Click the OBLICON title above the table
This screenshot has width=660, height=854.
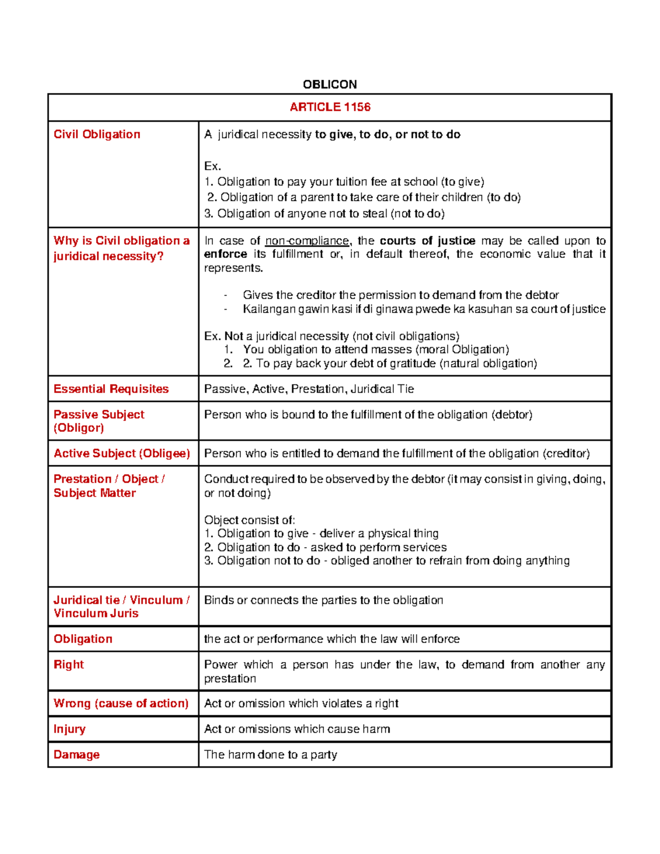[329, 84]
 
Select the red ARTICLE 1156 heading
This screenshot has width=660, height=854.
[330, 107]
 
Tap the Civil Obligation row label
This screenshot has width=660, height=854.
[97, 134]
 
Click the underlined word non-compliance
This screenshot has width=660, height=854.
[307, 241]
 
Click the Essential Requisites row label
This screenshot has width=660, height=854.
[111, 389]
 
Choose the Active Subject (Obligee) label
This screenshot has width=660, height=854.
[122, 453]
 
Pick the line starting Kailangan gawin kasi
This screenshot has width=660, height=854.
[424, 309]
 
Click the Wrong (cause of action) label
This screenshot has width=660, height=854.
[121, 703]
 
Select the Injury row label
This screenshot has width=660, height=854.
[69, 729]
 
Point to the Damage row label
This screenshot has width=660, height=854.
[76, 754]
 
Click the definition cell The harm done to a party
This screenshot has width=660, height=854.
[271, 754]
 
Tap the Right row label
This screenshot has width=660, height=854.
[69, 664]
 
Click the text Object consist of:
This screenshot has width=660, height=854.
[250, 520]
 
